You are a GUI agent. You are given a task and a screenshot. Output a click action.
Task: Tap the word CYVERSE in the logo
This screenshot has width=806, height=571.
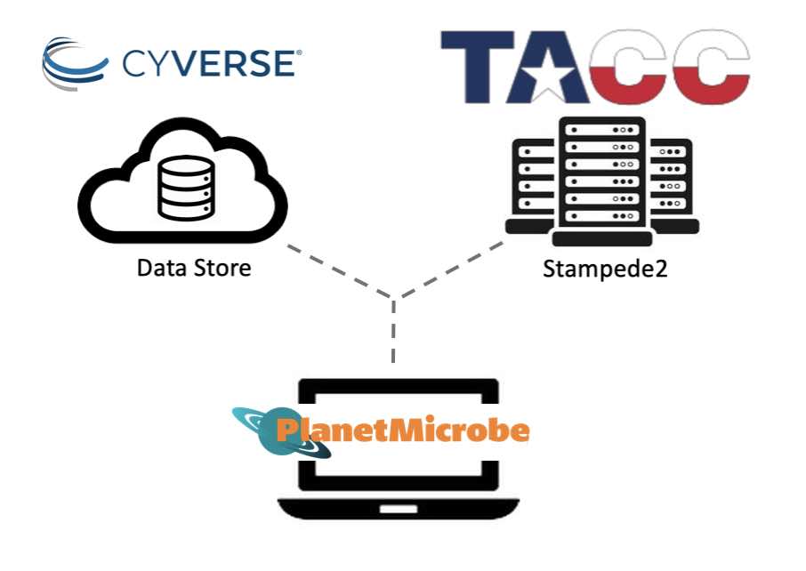(x=209, y=64)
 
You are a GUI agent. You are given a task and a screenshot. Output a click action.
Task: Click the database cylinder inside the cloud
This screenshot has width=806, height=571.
(x=186, y=189)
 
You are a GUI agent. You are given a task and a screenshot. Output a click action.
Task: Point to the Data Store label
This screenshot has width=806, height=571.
(x=194, y=267)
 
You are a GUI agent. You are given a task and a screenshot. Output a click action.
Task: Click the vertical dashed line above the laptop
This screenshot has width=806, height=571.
(x=392, y=334)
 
